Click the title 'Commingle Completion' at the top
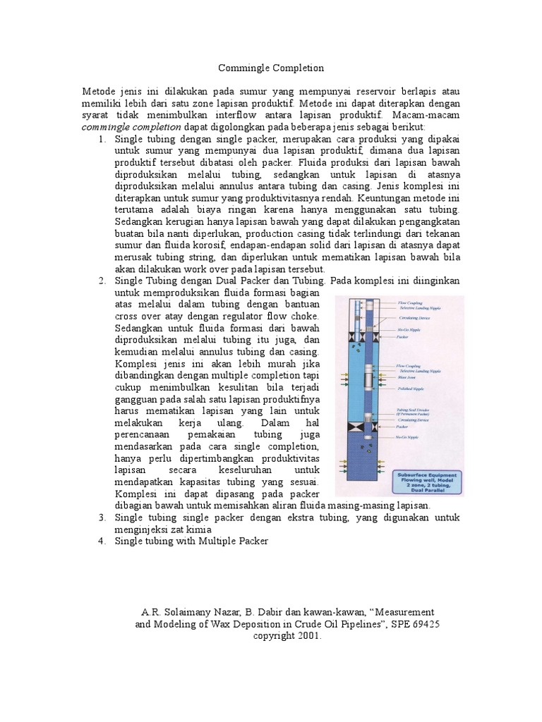click(270, 68)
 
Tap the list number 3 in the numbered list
click(102, 518)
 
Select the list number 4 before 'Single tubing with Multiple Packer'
click(102, 541)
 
